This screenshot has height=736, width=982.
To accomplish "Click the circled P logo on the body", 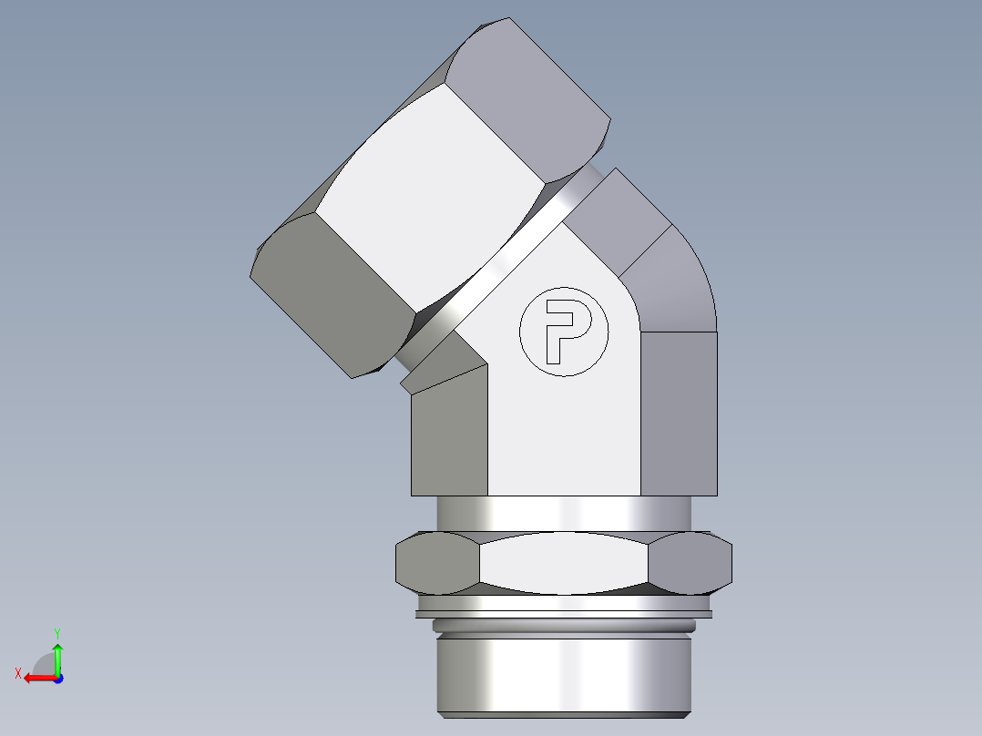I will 562,332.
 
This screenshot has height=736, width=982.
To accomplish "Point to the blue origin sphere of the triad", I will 57,678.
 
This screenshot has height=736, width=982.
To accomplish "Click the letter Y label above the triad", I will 56,631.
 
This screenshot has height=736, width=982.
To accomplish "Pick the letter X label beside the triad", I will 17,673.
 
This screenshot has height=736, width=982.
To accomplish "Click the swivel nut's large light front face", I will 428,200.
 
